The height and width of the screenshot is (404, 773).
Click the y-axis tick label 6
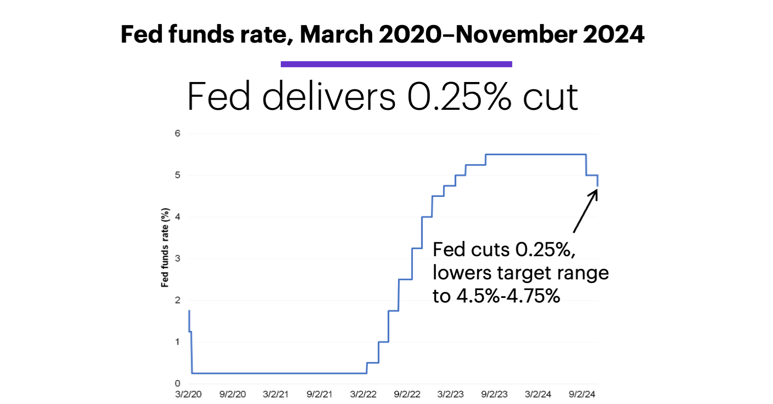pos(177,133)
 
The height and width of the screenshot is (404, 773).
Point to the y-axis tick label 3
pos(177,259)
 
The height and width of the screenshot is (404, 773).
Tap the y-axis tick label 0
pos(177,384)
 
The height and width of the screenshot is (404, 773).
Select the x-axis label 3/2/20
pos(188,394)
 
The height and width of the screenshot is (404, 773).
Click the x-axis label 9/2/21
pos(319,394)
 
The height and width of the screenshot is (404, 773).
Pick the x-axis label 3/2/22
pos(363,394)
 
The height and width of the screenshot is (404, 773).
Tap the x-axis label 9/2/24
pos(582,394)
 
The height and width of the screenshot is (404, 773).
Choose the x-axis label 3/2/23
pos(450,394)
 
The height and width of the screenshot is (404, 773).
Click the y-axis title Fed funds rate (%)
pos(165,247)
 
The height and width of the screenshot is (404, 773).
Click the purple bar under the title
pos(396,64)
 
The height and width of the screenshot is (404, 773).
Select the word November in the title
pos(516,34)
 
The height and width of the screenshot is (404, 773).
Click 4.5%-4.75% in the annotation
pos(508,296)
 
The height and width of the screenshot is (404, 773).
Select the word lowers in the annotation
pos(462,273)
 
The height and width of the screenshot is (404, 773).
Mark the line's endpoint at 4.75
pos(598,185)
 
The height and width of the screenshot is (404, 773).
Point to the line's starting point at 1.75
pos(189,311)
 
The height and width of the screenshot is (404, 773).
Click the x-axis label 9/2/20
pos(233,394)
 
